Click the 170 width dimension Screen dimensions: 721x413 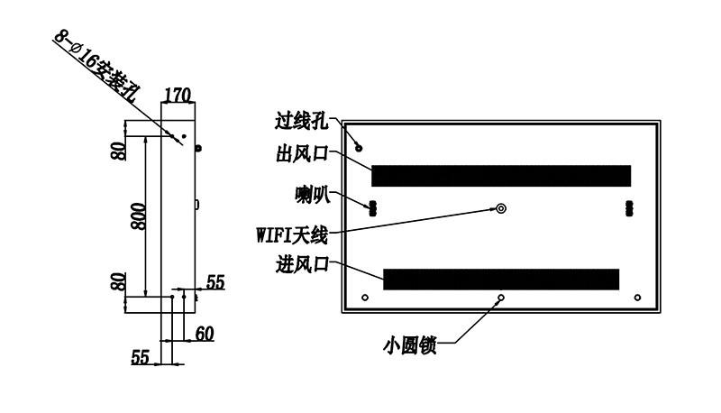pyautogui.click(x=178, y=96)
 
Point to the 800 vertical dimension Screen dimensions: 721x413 pyautogui.click(x=138, y=216)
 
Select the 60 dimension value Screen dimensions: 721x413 pyautogui.click(x=205, y=334)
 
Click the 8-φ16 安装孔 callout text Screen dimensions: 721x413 pyautogui.click(x=96, y=66)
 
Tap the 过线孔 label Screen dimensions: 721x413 pyautogui.click(x=302, y=121)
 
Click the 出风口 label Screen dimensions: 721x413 pyautogui.click(x=302, y=153)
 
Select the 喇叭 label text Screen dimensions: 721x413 pyautogui.click(x=313, y=195)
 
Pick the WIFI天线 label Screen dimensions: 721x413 pyautogui.click(x=292, y=235)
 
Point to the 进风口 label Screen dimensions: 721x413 pyautogui.click(x=302, y=264)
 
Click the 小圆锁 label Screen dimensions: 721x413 pyautogui.click(x=410, y=345)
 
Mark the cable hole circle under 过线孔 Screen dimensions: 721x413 pyautogui.click(x=359, y=148)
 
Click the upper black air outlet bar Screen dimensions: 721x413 pyautogui.click(x=501, y=176)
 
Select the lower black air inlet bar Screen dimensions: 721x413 pyautogui.click(x=501, y=280)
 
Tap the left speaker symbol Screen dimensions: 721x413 pyautogui.click(x=372, y=208)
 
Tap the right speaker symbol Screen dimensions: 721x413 pyautogui.click(x=629, y=208)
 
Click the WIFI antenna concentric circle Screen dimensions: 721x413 pyautogui.click(x=501, y=209)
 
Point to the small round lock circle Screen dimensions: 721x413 pyautogui.click(x=501, y=298)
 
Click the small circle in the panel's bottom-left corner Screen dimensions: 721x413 pyautogui.click(x=365, y=298)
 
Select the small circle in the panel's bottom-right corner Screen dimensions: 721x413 pyautogui.click(x=637, y=298)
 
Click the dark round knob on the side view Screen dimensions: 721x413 pyautogui.click(x=198, y=149)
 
